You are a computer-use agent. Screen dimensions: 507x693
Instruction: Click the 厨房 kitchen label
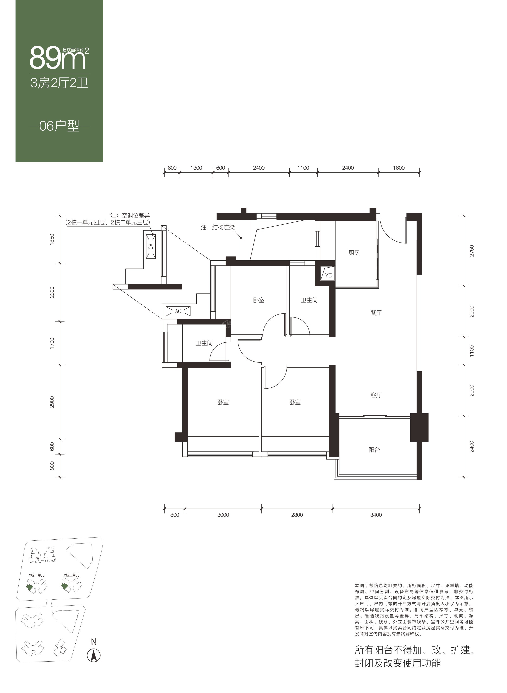(x=354, y=253)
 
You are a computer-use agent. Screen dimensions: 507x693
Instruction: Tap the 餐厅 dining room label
(x=376, y=313)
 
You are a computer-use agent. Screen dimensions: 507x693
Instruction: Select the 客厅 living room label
(x=376, y=395)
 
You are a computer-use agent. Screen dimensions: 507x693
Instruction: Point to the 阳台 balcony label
(x=374, y=450)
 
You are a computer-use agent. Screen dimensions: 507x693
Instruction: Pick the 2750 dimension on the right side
(x=472, y=251)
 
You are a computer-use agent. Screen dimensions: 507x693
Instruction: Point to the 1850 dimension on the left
(x=52, y=239)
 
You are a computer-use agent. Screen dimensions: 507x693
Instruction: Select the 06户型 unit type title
(x=59, y=126)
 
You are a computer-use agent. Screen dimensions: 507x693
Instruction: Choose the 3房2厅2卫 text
(x=59, y=83)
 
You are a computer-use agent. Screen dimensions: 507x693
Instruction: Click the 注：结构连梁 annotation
(x=218, y=228)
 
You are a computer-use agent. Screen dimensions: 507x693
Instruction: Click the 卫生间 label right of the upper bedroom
(x=309, y=300)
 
